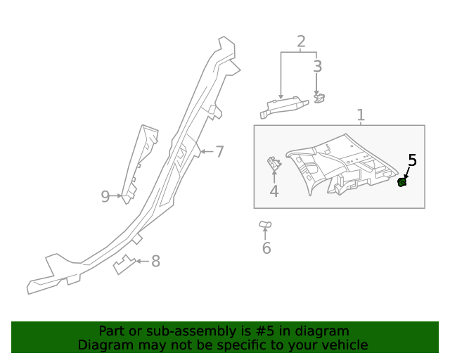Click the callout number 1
click(361, 115)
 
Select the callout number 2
click(301, 41)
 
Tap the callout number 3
click(317, 67)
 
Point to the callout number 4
click(274, 191)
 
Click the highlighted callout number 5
click(412, 160)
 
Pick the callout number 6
click(266, 248)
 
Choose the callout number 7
click(219, 151)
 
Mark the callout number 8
click(155, 262)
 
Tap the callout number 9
click(105, 196)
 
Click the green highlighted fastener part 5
click(402, 183)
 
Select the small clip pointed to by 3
click(319, 98)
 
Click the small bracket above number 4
click(274, 164)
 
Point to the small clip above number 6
click(265, 225)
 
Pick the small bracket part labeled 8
click(124, 264)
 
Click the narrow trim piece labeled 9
click(139, 162)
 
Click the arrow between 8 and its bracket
click(142, 262)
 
